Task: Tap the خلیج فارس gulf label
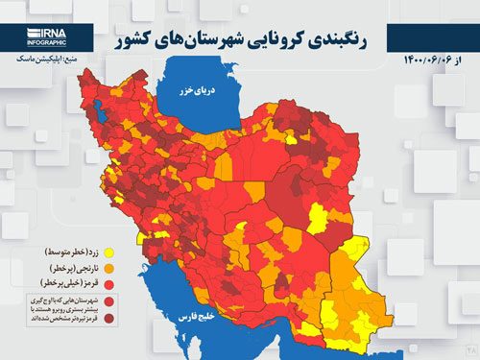point(235,315)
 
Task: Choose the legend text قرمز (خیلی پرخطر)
point(53,284)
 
